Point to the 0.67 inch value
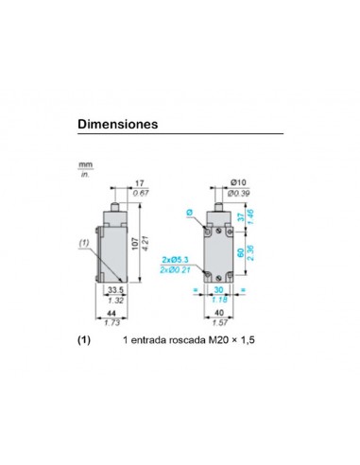click(x=140, y=194)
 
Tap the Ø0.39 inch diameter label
click(x=240, y=194)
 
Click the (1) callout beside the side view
click(x=83, y=244)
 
